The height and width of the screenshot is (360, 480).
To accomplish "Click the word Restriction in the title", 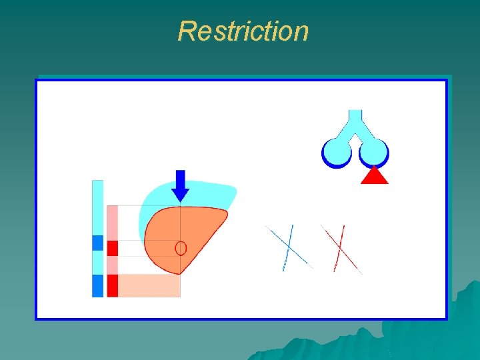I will coord(243,31).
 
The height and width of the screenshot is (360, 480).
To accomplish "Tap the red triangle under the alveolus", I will coord(374,176).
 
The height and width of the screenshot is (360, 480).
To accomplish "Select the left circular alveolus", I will coord(337,151).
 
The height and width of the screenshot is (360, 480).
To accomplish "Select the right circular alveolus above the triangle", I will coord(373,151).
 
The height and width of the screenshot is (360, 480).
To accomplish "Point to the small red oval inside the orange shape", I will coord(180,248).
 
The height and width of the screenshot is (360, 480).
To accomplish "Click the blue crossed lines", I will coord(289,247).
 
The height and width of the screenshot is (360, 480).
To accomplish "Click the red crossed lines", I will coord(340,249).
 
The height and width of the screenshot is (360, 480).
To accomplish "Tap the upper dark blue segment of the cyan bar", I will coord(98,243).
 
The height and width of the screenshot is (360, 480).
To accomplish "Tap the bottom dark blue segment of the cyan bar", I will coord(98,285).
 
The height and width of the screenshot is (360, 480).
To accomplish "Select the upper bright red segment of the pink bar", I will coord(112,248).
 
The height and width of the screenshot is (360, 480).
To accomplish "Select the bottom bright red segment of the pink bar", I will coord(112,285).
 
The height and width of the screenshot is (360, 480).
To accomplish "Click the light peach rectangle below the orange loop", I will coord(149,285).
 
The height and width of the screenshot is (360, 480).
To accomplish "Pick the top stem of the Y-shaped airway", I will coord(355,117).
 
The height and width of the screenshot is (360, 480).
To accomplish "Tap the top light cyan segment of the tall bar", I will coord(98,207).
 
